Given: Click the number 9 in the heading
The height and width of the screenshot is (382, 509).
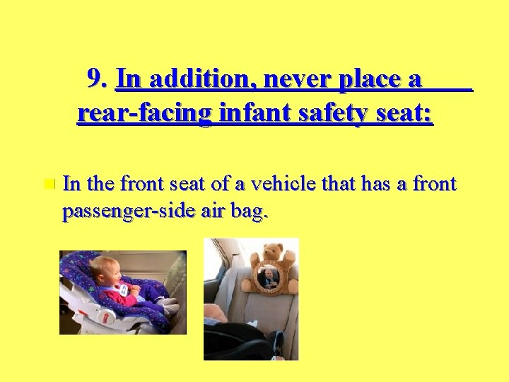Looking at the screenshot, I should [95, 79].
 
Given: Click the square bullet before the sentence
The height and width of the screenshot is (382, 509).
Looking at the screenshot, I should [47, 185].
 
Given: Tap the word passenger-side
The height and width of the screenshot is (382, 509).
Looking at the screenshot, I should [124, 212].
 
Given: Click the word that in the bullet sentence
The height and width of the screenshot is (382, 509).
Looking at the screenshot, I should [339, 185].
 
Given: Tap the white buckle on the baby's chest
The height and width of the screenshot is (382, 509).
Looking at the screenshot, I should [124, 289].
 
